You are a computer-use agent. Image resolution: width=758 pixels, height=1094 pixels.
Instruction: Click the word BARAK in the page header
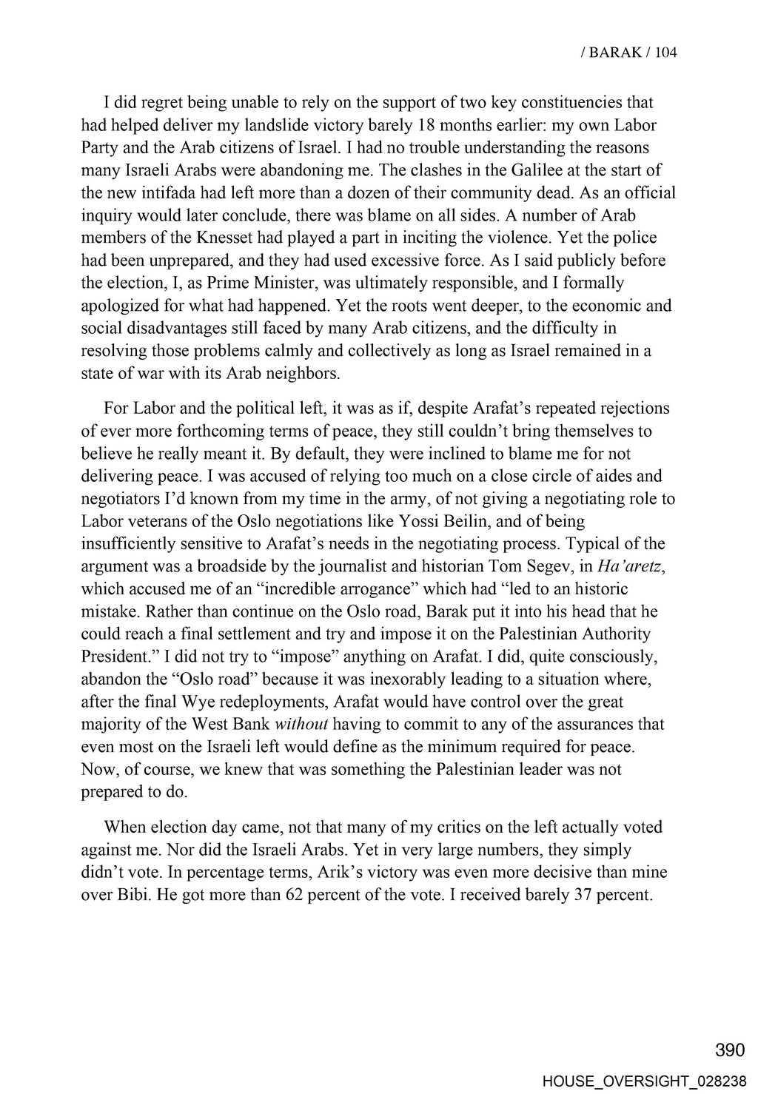pyautogui.click(x=616, y=53)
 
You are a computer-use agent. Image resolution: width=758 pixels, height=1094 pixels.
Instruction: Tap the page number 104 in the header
pyautogui.click(x=665, y=53)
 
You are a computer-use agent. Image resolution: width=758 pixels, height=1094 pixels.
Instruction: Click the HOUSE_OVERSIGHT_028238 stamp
pyautogui.click(x=644, y=1081)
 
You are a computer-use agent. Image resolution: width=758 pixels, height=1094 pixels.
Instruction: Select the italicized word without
pyautogui.click(x=301, y=724)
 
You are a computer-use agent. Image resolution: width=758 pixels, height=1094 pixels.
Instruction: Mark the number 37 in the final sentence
pyautogui.click(x=583, y=895)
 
